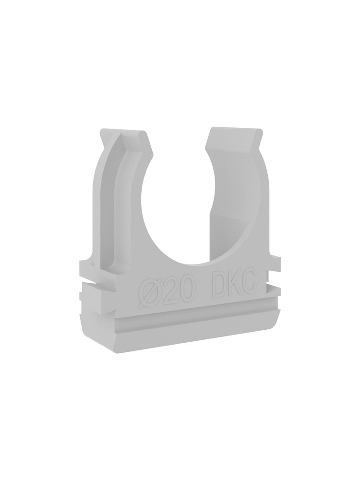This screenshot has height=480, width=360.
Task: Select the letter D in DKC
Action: (218, 287)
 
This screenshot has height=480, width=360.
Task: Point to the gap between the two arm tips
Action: (180, 135)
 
